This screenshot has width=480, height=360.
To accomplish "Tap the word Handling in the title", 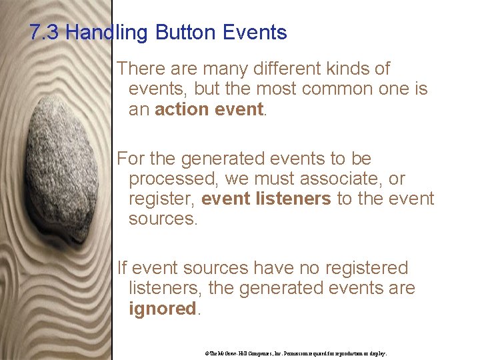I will click(107, 33).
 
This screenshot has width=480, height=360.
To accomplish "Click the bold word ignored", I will click(162, 309).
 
